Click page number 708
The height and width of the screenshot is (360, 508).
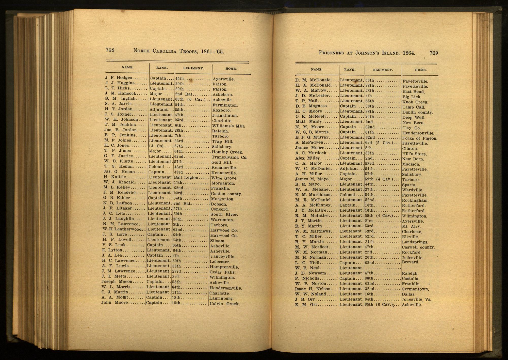(110, 50)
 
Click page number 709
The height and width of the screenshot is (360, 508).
(434, 53)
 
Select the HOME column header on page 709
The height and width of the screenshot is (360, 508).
(421, 70)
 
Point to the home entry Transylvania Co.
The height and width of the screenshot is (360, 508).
(229, 157)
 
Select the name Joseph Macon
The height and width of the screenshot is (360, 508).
(117, 281)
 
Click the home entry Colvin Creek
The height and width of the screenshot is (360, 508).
(224, 304)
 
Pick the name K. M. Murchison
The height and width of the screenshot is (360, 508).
(313, 195)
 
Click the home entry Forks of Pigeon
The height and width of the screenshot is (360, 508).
(420, 138)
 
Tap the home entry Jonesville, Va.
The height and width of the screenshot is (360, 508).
(417, 300)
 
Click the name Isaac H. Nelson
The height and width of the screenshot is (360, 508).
(313, 289)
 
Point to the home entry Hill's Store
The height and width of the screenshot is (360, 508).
(414, 154)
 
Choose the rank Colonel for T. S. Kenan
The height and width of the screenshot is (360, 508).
(156, 167)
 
